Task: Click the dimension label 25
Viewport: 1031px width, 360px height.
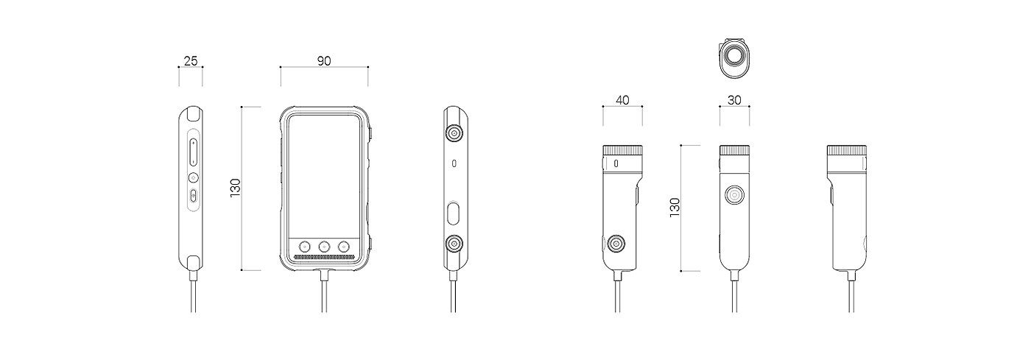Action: coord(191,61)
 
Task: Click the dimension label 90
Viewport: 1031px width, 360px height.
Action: coord(324,61)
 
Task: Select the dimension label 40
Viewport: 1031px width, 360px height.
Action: coord(622,100)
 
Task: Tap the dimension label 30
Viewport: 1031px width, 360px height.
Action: coord(734,100)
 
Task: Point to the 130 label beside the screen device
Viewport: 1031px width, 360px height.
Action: coord(235,188)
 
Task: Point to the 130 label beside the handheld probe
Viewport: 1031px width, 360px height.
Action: coord(675,207)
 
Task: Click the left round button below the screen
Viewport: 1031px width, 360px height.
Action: coord(304,247)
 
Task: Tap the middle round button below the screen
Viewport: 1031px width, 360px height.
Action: coord(324,247)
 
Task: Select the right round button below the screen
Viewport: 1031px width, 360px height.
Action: coord(344,247)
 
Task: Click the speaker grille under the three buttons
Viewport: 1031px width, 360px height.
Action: coord(324,257)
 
